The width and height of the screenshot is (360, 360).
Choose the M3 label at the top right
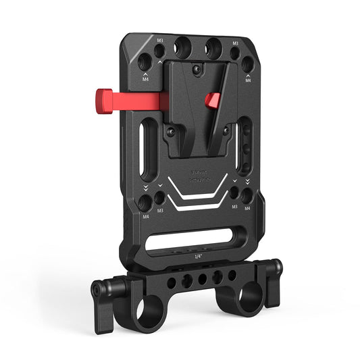point(235,42)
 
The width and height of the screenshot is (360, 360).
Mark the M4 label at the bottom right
point(249,209)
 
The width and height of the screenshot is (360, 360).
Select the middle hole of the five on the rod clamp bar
point(201,279)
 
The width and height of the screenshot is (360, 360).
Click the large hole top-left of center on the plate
point(182,47)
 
